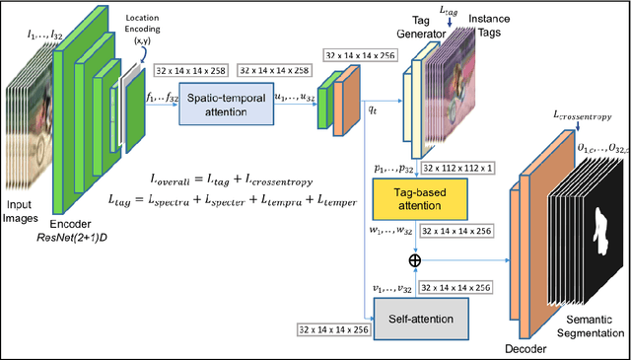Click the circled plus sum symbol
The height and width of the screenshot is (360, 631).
click(414, 258)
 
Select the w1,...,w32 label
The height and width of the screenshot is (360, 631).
click(390, 232)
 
